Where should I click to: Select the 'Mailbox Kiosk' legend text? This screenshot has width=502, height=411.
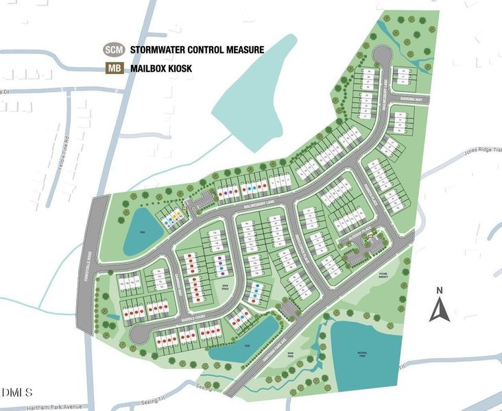(x=163, y=68)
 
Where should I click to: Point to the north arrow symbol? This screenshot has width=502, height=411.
(x=439, y=306)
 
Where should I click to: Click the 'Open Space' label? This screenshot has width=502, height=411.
(x=224, y=284)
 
